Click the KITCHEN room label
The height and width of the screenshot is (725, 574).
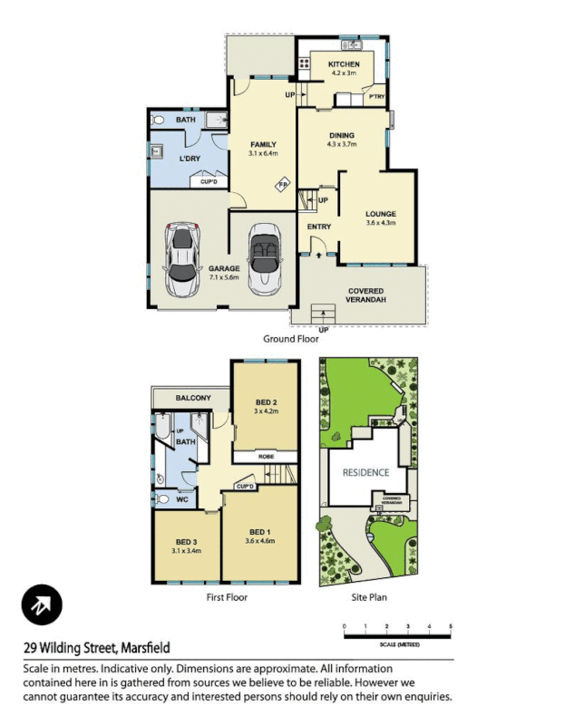[x=344, y=64]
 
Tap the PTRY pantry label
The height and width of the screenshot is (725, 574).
[x=375, y=97]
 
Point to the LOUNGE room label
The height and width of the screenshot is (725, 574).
[x=380, y=214]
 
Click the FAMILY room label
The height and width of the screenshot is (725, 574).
[x=263, y=145]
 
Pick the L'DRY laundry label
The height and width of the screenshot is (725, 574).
[x=190, y=159]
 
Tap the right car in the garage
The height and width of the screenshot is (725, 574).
[x=265, y=259]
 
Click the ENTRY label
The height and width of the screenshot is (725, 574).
[x=319, y=227]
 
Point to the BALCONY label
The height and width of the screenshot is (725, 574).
[x=193, y=398]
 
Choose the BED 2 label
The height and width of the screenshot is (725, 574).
[x=266, y=402]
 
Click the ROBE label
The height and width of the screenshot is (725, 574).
[x=266, y=456]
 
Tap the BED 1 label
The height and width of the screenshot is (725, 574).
[x=259, y=532]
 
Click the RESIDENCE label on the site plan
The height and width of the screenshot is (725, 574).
[x=365, y=472]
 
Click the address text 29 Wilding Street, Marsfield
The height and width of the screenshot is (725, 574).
[x=97, y=648]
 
